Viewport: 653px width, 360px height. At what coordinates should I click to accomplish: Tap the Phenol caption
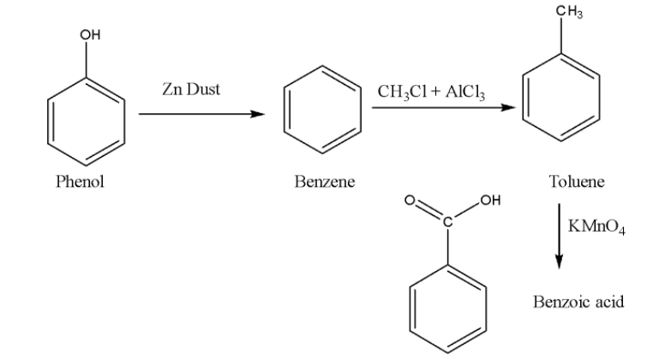[x=80, y=182]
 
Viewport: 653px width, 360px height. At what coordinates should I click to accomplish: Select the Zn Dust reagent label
[x=190, y=88]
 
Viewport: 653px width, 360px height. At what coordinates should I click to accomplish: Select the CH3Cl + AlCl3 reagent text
[x=431, y=92]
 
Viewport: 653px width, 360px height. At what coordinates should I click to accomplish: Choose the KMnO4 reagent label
[x=597, y=226]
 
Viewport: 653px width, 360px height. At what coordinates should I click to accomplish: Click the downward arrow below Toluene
[x=559, y=236]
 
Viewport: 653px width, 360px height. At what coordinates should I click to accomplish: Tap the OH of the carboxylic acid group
[x=489, y=201]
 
